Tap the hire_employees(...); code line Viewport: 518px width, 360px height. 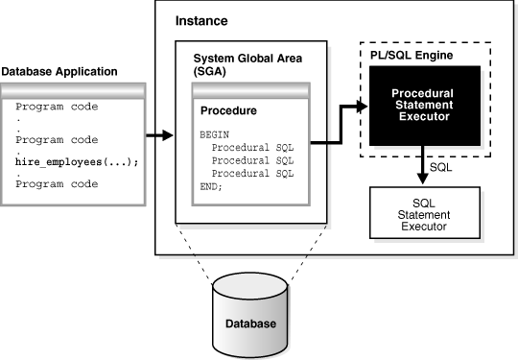tap(77, 162)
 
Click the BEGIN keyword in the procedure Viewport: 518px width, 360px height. tap(215, 135)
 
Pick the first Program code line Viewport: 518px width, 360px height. tap(57, 106)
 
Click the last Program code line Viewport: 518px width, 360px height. tap(57, 183)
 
